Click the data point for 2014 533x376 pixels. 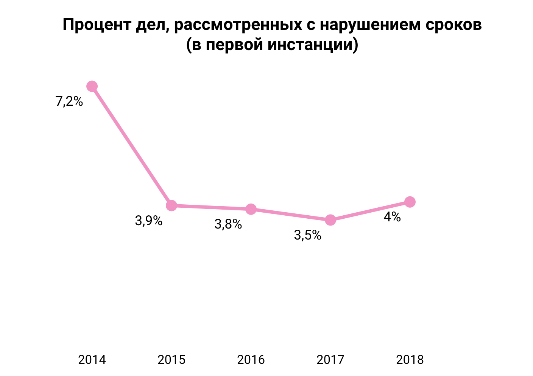coord(92,86)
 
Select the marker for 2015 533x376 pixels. coord(171,205)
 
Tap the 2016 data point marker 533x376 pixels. coord(251,209)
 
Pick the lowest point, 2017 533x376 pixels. coord(330,220)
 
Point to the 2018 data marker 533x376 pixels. coord(410,202)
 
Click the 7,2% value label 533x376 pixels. coord(69,102)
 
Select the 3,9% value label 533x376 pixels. coord(149,221)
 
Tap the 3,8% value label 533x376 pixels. coord(228,224)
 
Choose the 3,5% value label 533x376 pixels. coord(308,235)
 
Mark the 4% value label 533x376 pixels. coord(392,217)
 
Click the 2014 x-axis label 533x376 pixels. coord(92,359)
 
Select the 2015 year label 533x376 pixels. coord(171,359)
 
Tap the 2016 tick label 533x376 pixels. coord(251,359)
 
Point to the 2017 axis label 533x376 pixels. coord(330,359)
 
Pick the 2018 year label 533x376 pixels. coord(410,359)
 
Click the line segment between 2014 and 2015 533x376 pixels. coord(132,146)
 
